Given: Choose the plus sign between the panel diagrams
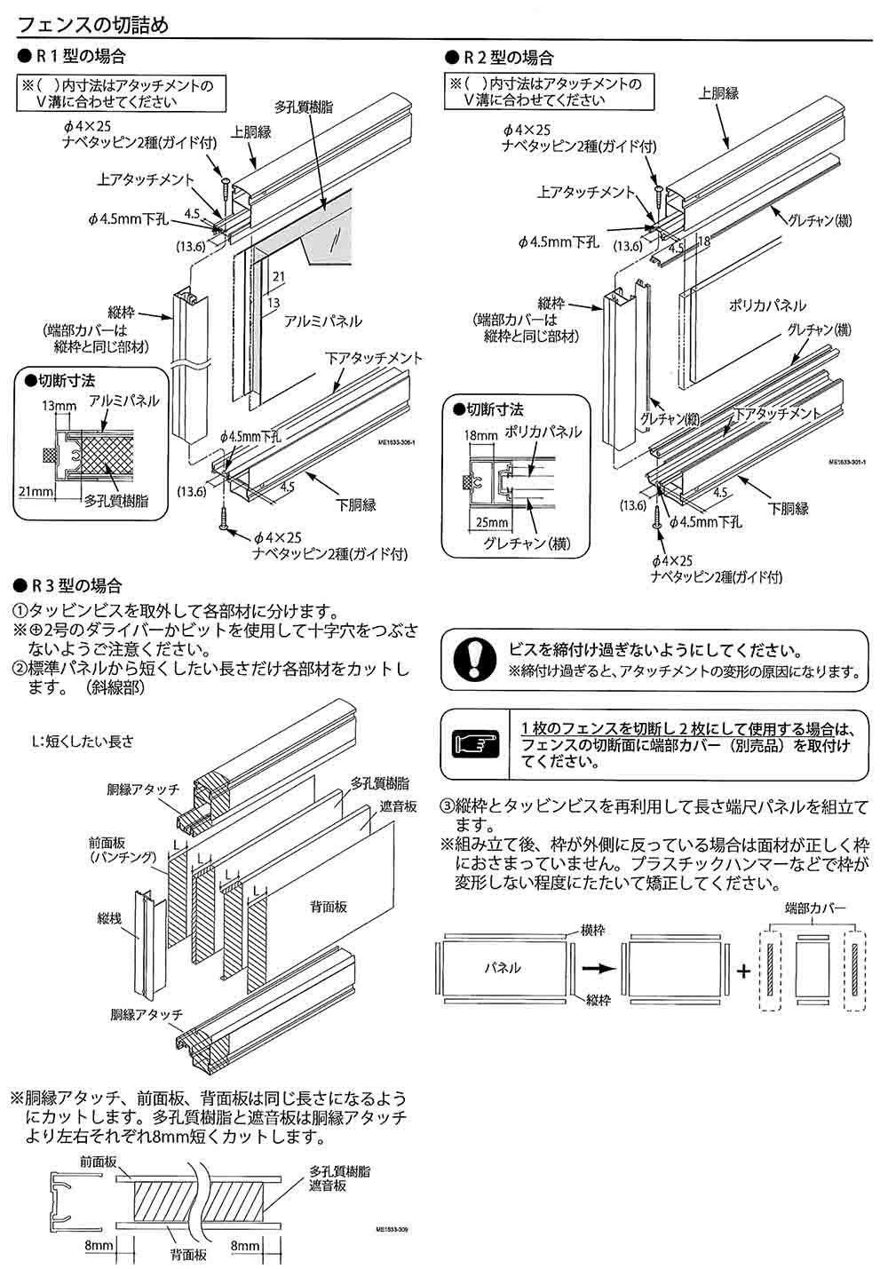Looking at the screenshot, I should click(x=743, y=969).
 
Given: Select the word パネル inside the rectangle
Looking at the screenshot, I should click(x=503, y=968).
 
